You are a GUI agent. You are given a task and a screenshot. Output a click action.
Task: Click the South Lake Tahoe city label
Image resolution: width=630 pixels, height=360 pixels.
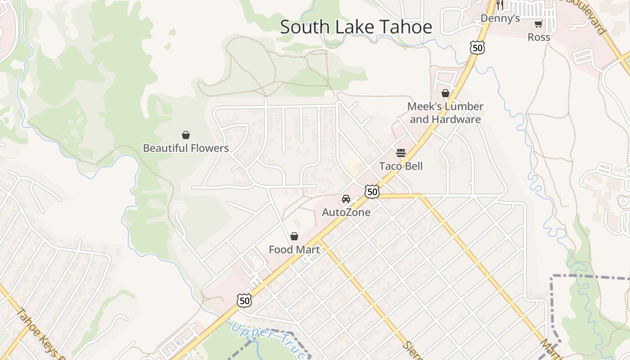pos(356,27)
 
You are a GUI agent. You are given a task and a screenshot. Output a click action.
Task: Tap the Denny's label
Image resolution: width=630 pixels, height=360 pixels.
pos(500,18)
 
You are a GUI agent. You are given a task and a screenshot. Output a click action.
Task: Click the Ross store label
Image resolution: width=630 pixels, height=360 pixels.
pos(539,37)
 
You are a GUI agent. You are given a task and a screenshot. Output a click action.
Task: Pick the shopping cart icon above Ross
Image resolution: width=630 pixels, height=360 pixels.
pos(538,24)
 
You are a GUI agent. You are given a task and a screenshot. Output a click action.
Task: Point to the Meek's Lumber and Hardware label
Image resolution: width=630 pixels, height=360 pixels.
pos(445,113)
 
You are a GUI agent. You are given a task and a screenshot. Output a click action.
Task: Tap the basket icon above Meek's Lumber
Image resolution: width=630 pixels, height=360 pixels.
pos(445,93)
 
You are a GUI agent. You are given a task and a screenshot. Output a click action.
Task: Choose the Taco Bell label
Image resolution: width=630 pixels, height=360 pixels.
pos(401,166)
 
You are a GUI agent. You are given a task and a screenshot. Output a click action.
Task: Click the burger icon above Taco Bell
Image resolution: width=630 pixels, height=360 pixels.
pos(401,153)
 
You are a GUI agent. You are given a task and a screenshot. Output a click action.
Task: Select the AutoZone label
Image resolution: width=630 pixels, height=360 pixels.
pos(346,212)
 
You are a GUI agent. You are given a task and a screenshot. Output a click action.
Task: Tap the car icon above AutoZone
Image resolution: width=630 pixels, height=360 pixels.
pos(346,199)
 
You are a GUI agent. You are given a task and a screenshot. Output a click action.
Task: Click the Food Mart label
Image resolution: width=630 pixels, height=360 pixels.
pos(294,249)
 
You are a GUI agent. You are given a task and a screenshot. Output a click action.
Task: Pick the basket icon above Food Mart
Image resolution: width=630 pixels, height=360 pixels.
pos(294,236)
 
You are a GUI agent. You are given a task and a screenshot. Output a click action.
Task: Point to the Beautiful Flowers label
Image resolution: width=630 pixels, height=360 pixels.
pos(185,148)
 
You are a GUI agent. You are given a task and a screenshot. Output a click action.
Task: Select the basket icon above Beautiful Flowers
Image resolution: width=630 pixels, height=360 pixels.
pos(185,135)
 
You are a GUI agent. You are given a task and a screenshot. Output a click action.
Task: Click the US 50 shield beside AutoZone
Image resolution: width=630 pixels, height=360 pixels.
pos(372,192)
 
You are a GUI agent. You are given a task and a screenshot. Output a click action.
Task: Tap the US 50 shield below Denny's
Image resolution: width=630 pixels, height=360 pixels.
pos(477,47)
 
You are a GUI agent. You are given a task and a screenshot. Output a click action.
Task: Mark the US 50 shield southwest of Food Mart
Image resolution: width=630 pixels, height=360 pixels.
pos(244,301)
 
